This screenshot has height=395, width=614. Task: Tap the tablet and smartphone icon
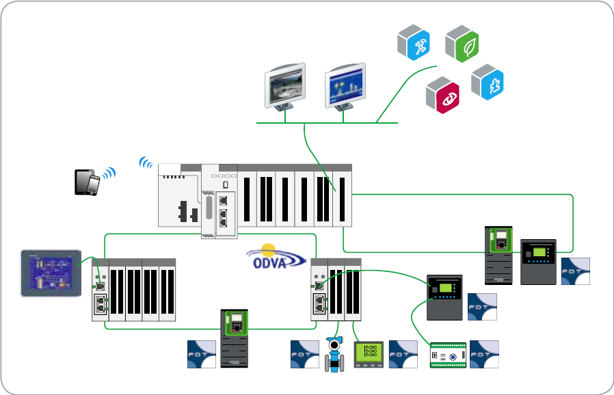click(88, 182)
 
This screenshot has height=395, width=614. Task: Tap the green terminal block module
click(448, 355)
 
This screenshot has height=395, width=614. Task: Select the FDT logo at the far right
click(576, 271)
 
